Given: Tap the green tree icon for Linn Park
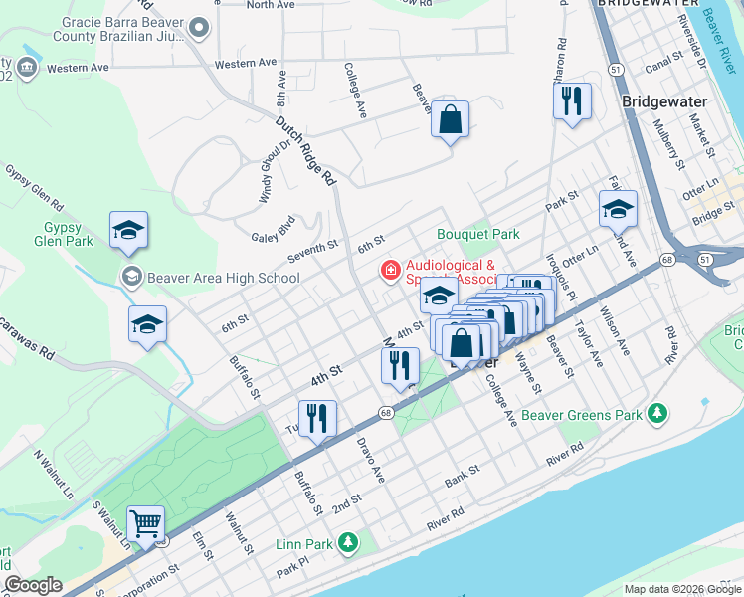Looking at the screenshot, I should [x=347, y=542].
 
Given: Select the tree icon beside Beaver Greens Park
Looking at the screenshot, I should [x=655, y=413].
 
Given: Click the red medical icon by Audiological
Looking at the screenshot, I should [x=391, y=270].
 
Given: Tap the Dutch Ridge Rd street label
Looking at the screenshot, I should [x=306, y=151].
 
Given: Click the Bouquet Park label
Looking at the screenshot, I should [x=478, y=235].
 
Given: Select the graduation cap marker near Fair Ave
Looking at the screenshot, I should [x=618, y=209].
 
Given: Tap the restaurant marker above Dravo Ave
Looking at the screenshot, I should [x=317, y=418].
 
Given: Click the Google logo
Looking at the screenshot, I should [x=33, y=585].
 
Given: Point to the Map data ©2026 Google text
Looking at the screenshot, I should [x=681, y=589].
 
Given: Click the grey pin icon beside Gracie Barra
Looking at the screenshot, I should [x=199, y=29].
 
